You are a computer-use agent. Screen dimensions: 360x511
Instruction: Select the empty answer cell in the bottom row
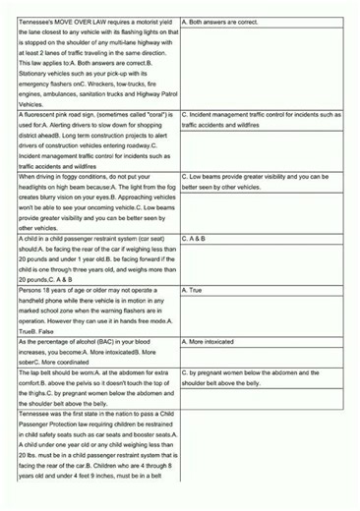(265, 462)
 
